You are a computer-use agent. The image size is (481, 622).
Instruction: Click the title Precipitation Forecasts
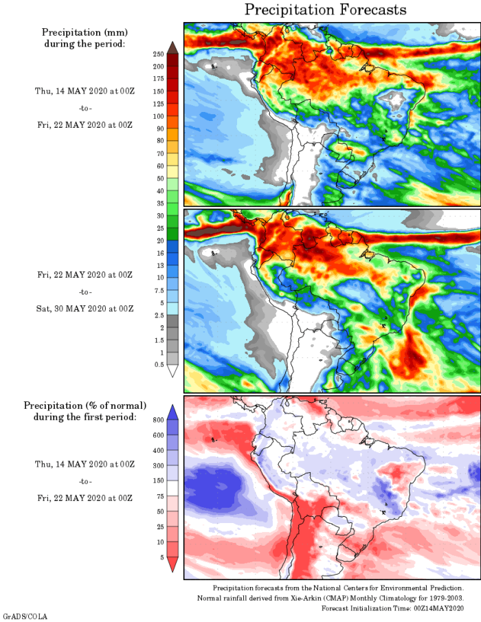click(x=326, y=10)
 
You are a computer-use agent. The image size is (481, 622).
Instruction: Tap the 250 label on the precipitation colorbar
click(x=158, y=54)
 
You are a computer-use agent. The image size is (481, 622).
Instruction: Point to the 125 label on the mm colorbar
click(x=158, y=104)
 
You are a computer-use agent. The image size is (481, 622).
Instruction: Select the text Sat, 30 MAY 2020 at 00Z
click(x=85, y=307)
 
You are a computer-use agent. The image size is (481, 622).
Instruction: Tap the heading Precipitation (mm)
click(x=85, y=32)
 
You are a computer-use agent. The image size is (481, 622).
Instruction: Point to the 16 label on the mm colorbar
click(x=159, y=253)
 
